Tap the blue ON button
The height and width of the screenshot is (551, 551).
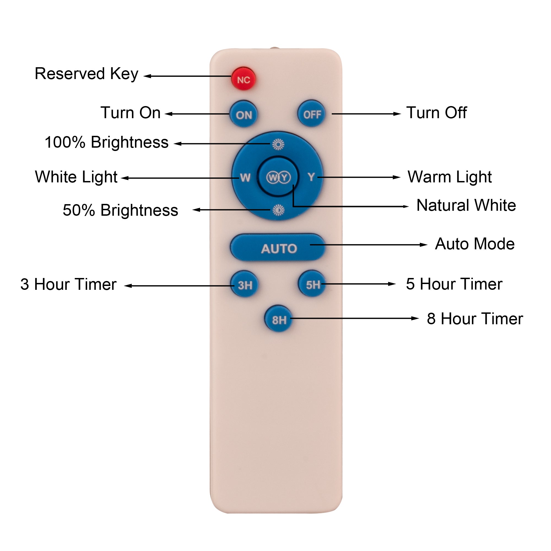[244, 114]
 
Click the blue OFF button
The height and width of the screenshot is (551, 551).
[311, 114]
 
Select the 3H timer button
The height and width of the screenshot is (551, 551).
[245, 285]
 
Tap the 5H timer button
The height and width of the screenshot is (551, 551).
[312, 284]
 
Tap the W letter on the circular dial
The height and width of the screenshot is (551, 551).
[245, 178]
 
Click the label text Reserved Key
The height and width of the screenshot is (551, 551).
[87, 74]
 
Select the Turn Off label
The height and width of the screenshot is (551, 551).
[436, 113]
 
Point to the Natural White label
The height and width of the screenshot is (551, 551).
[466, 205]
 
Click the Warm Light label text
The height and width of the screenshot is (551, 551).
[449, 177]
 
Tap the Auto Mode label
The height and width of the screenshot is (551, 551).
[475, 244]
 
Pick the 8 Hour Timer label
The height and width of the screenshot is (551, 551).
[475, 318]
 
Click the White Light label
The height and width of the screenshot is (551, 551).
[76, 177]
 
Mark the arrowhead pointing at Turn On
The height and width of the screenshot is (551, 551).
[169, 114]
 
